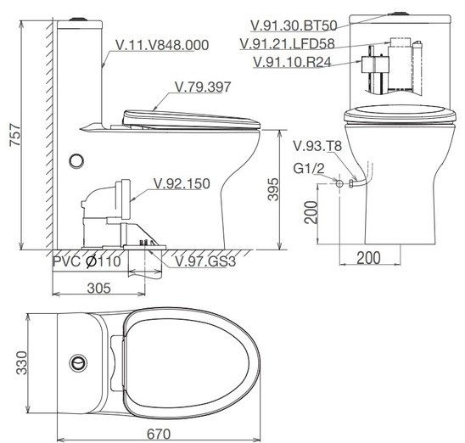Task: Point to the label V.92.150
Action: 182,183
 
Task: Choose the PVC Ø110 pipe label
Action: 87,262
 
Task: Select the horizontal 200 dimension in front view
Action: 367,258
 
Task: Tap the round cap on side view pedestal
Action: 78,159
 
